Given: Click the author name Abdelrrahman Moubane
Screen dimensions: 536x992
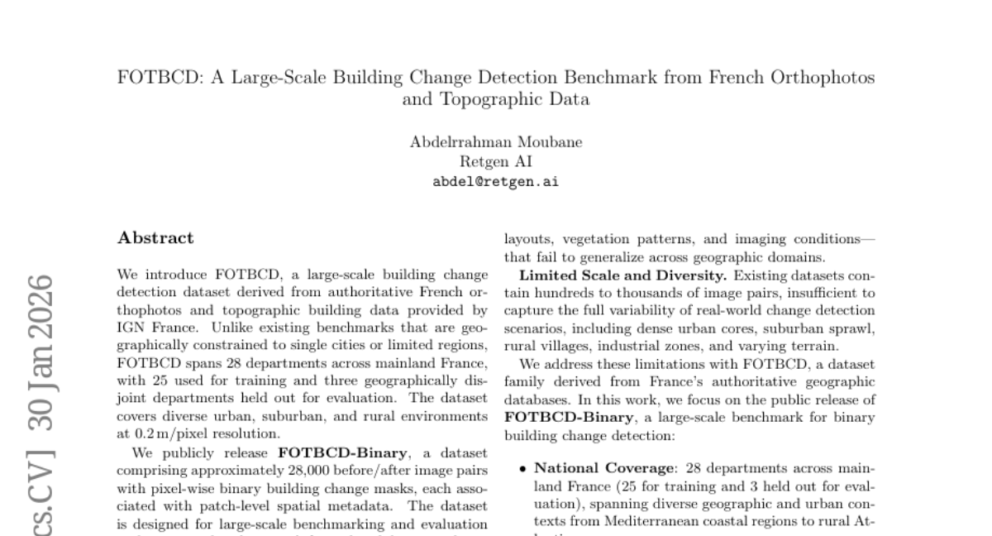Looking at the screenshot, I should tap(496, 141).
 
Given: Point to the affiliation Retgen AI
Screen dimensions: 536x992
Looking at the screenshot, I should tap(496, 161).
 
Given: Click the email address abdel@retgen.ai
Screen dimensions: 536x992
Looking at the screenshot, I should tap(496, 182).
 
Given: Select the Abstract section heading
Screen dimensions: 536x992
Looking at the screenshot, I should tap(156, 238).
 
